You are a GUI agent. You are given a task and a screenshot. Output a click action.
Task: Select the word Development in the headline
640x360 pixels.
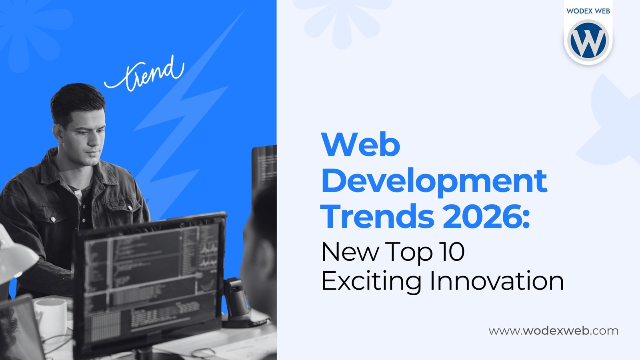click(434, 181)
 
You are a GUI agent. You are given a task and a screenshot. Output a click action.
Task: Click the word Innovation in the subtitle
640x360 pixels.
click(496, 280)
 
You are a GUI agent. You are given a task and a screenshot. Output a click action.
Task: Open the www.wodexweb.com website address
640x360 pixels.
click(553, 331)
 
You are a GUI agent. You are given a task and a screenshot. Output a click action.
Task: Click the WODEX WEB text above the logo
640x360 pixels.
click(588, 11)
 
